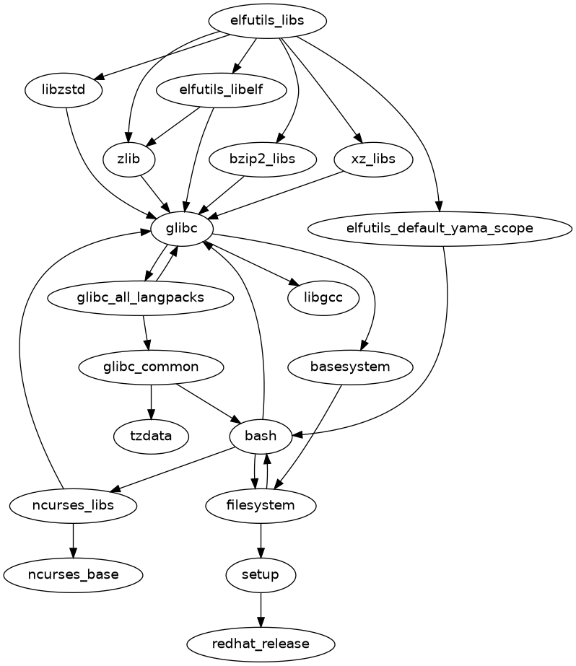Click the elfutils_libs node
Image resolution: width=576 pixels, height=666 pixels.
(267, 21)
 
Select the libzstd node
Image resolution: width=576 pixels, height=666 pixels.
(64, 91)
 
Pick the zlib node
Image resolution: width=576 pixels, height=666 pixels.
(128, 159)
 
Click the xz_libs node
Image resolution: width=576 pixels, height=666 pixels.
(373, 159)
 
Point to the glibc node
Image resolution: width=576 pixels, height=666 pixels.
(181, 228)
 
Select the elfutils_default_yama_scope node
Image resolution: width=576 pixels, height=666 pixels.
(440, 228)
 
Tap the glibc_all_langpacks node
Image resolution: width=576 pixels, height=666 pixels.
(140, 297)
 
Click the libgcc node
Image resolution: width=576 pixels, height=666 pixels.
(323, 297)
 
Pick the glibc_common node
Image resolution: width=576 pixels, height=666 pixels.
(151, 367)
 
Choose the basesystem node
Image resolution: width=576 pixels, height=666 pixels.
(350, 367)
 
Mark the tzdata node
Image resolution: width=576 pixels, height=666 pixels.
(151, 436)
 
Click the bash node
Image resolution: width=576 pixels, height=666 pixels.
(261, 436)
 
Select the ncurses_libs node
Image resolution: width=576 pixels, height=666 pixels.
(74, 505)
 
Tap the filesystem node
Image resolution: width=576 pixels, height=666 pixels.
(261, 505)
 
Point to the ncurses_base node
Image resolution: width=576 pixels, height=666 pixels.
(74, 574)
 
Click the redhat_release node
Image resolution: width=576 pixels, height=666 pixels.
(261, 644)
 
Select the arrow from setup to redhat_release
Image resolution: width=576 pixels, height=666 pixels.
(261, 609)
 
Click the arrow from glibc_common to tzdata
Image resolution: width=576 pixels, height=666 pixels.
(151, 401)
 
